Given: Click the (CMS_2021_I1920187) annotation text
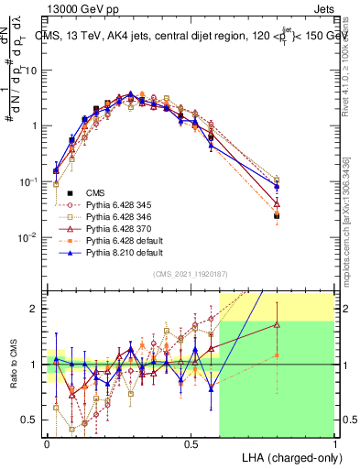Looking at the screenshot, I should tap(191, 273).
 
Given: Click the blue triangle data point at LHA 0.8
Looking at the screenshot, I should tap(277, 187).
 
